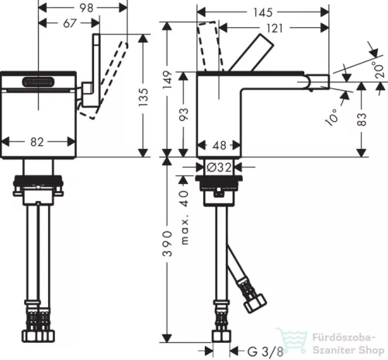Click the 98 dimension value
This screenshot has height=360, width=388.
pos(86,8)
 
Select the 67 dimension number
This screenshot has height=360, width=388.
pos(70,23)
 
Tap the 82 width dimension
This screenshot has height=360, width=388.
pos(37,142)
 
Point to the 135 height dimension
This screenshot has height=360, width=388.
pos(144,97)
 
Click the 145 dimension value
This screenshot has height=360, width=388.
pos(263,12)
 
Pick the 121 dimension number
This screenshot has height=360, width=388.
pos(275,28)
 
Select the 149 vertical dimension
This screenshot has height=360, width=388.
pos(168,80)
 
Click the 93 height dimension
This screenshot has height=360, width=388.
pos(184,114)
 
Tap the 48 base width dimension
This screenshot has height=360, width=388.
pos(220,145)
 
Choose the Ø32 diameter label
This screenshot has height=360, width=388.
pos(219,168)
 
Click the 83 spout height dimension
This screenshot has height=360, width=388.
pos(362,119)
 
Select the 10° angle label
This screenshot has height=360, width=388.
pos(331,117)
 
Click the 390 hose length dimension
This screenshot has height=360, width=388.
pos(167,244)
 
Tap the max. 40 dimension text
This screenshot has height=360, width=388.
pos(184,217)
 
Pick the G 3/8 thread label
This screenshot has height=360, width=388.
pos(265,351)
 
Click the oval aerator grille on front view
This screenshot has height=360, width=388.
pos(39,83)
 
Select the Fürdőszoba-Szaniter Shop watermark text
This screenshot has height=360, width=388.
pos(348,344)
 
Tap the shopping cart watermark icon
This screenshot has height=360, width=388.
pos(292,340)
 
